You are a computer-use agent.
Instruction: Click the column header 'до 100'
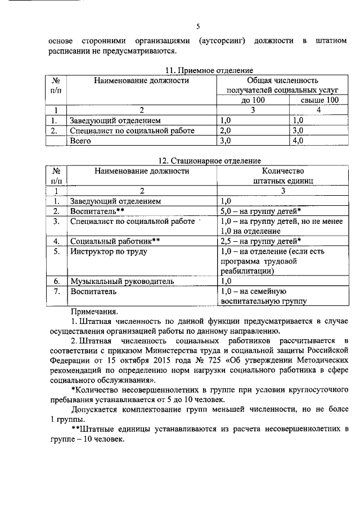tap(253, 100)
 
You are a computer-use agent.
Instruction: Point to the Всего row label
tap(80, 141)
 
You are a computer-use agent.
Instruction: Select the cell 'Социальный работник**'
tap(115, 241)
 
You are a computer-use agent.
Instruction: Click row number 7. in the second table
tap(56, 291)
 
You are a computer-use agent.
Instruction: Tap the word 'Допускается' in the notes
tap(98, 409)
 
